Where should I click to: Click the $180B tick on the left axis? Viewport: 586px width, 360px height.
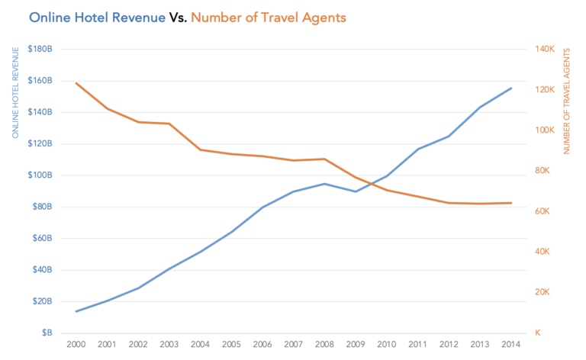click(40, 49)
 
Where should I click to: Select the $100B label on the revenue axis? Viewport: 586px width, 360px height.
click(40, 175)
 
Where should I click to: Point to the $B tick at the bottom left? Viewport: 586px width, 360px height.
click(45, 333)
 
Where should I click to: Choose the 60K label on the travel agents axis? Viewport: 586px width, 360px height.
click(543, 211)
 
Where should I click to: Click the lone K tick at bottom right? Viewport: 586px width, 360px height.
click(538, 333)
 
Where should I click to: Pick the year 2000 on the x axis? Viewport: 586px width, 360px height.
click(76, 345)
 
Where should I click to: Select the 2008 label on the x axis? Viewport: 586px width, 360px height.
click(324, 345)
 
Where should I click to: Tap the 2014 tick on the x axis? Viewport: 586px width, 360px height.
click(511, 345)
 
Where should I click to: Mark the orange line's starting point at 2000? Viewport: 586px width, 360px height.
click(76, 82)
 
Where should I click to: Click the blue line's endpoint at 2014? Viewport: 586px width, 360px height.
click(511, 88)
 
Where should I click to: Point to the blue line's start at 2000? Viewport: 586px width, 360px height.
click(76, 311)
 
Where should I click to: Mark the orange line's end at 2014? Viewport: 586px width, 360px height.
click(511, 203)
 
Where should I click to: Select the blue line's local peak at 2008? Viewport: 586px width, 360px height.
click(324, 184)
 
